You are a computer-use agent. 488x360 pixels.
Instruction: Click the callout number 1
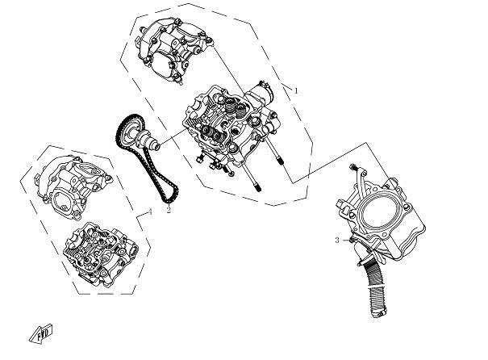[x=296, y=91]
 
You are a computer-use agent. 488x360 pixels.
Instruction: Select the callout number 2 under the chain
[x=169, y=210]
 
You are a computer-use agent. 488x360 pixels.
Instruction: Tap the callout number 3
[x=336, y=241]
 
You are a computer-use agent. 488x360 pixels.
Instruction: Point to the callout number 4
[x=150, y=211]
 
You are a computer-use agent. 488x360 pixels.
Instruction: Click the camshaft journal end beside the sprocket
[x=152, y=146]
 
